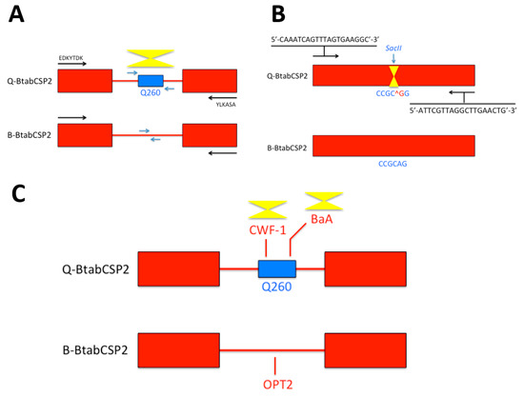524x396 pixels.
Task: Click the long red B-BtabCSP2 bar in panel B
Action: coord(393,146)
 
